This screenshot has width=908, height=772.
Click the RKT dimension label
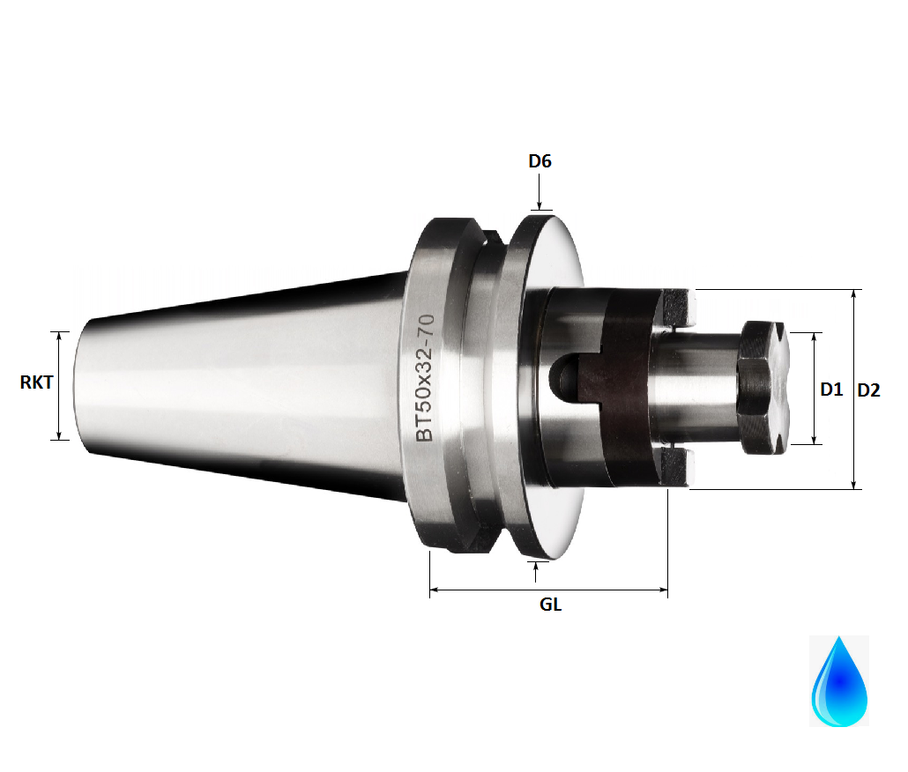coord(36,382)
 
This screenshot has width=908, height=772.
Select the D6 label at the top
coord(540,161)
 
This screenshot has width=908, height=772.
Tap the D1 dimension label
coord(831,389)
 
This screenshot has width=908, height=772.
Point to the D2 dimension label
coord(868,390)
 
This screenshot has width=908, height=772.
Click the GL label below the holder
coord(550,605)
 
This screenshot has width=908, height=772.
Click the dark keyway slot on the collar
coord(564,377)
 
